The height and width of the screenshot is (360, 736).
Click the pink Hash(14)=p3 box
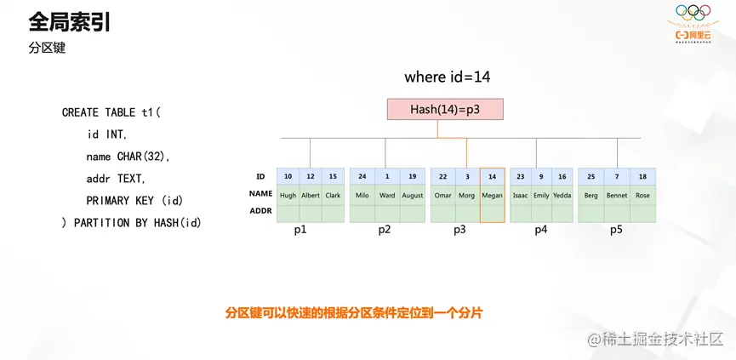(x=445, y=109)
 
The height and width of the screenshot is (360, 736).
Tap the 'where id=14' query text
(x=447, y=77)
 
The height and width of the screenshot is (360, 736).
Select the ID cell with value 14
(x=492, y=177)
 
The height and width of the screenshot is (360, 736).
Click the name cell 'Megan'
(x=492, y=195)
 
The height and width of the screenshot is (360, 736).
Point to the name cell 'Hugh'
(x=288, y=195)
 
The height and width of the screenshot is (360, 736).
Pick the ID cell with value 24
(x=362, y=177)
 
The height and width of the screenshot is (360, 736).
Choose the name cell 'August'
(x=412, y=195)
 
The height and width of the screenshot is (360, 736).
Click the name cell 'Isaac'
(x=521, y=195)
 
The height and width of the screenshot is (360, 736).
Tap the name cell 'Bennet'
(x=617, y=195)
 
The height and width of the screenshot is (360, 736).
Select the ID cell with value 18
(x=642, y=177)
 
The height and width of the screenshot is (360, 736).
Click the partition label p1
(x=300, y=230)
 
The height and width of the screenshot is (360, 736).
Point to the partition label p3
(x=459, y=230)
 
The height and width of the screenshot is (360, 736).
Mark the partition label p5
(x=616, y=230)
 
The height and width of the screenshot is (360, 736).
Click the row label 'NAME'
(x=260, y=194)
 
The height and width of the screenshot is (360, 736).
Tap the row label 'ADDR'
(x=260, y=211)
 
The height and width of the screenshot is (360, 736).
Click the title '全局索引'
(x=70, y=22)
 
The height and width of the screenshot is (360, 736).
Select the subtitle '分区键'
(x=47, y=49)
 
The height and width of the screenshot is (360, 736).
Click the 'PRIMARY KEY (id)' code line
(x=134, y=201)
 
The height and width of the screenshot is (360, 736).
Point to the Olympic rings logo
(x=693, y=12)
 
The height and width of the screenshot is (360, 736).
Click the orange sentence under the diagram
(x=353, y=313)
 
